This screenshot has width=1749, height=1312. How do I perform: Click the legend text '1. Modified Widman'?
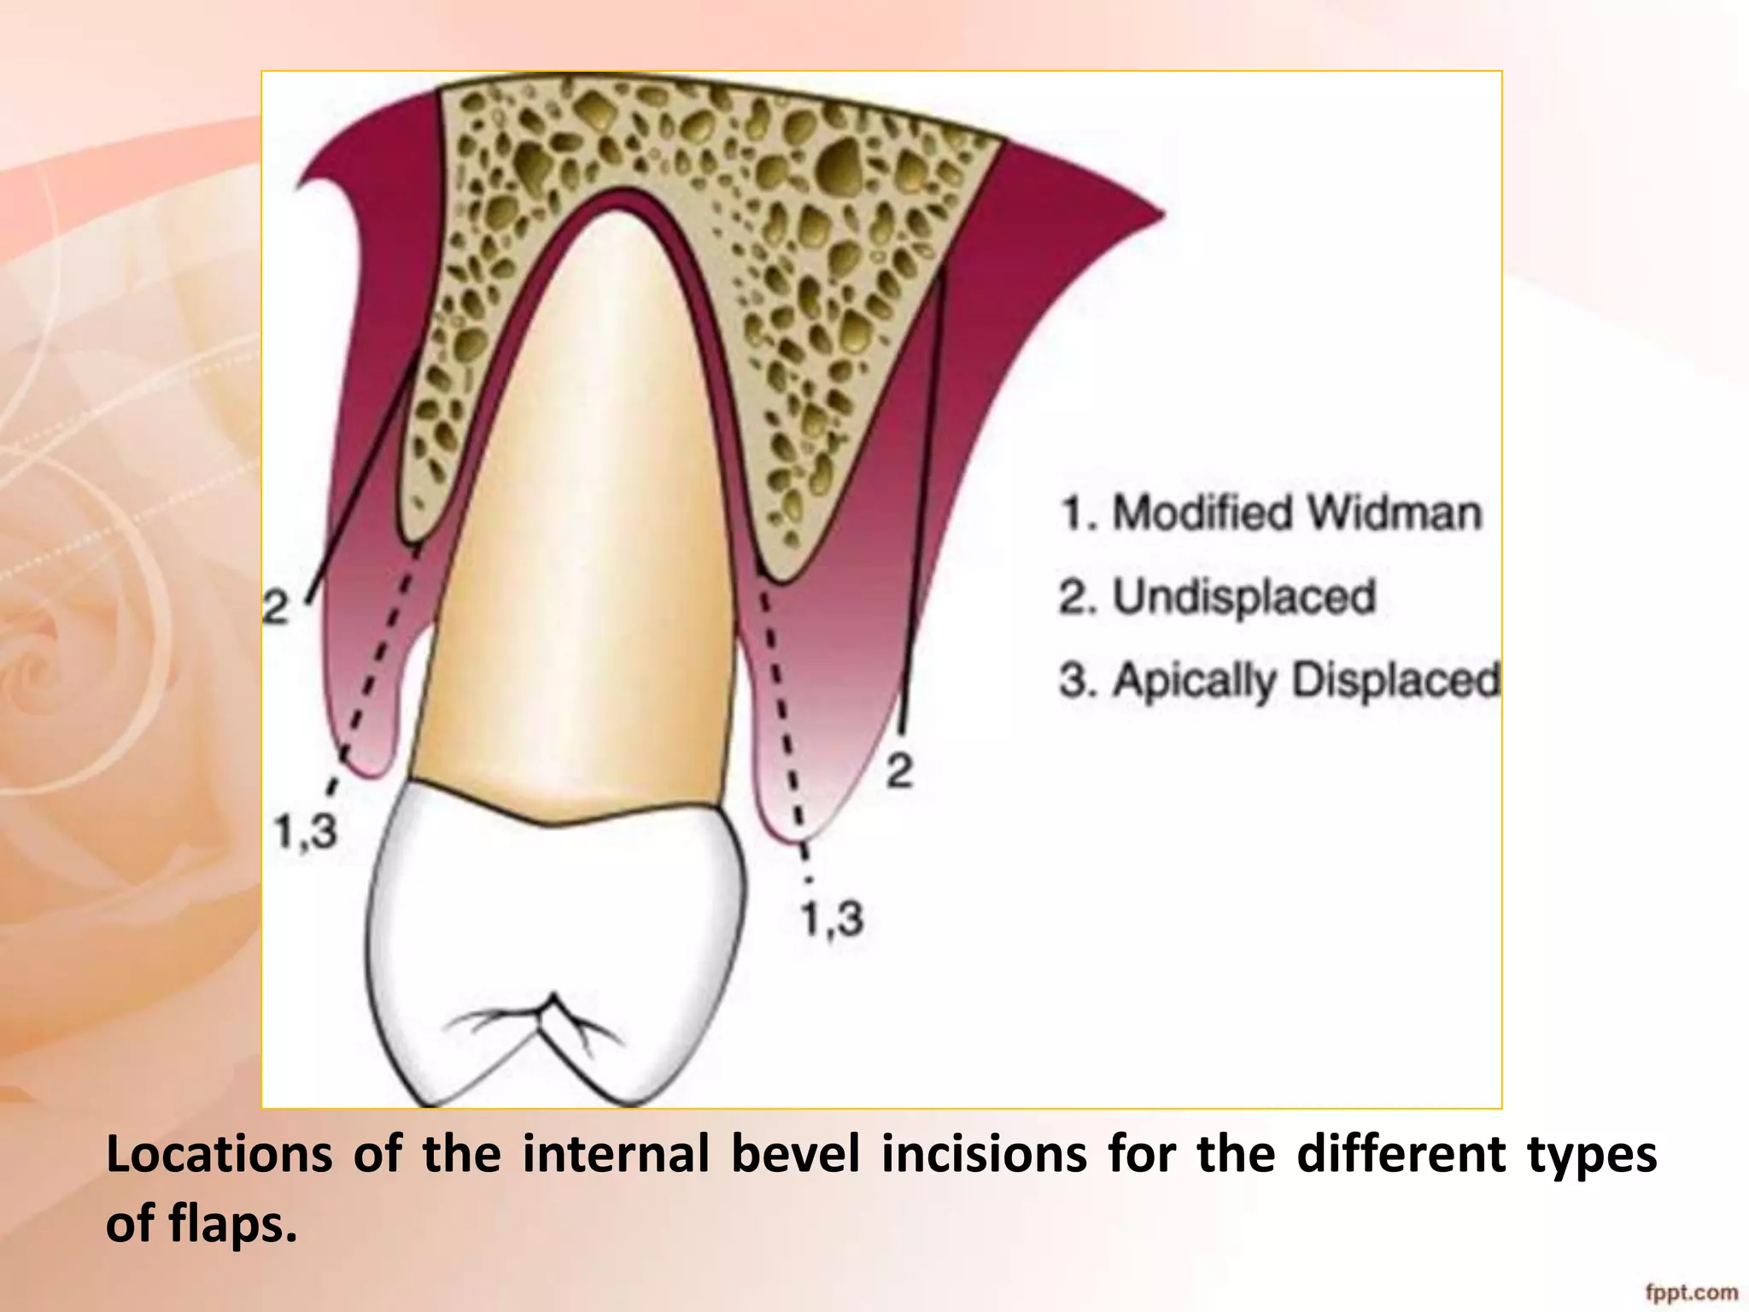pyautogui.click(x=1271, y=513)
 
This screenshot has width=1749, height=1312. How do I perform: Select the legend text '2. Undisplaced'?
pyautogui.click(x=1218, y=597)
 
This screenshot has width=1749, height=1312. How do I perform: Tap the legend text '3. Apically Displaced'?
pyautogui.click(x=1279, y=681)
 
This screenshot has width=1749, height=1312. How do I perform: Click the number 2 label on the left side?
pyautogui.click(x=276, y=608)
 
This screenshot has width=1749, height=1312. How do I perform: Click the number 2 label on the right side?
pyautogui.click(x=900, y=771)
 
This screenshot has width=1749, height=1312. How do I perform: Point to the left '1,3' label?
pyautogui.click(x=306, y=829)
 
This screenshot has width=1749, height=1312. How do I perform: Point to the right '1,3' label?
pyautogui.click(x=832, y=919)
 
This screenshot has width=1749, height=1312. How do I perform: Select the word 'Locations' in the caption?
pyautogui.click(x=219, y=1154)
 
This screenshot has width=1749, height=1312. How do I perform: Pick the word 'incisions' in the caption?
pyautogui.click(x=984, y=1154)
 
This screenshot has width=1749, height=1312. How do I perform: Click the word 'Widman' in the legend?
pyautogui.click(x=1395, y=513)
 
